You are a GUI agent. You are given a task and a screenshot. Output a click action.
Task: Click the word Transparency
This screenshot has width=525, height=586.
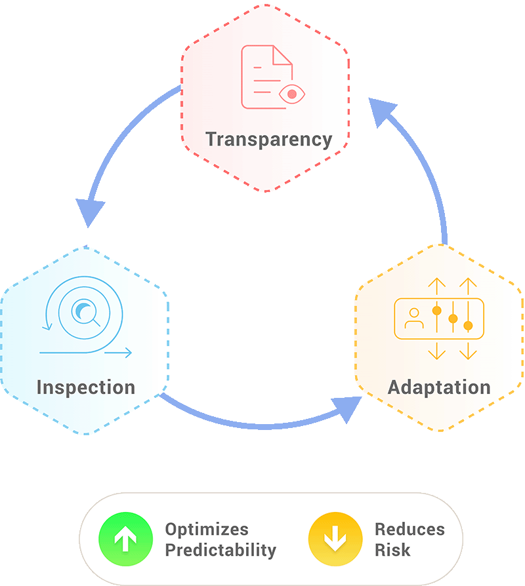[268, 139]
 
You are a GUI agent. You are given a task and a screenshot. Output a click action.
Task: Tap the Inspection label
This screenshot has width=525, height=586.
[85, 386]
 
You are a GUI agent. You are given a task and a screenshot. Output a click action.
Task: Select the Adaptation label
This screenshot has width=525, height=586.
[439, 387]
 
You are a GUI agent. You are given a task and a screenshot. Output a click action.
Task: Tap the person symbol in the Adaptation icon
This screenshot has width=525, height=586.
[413, 319]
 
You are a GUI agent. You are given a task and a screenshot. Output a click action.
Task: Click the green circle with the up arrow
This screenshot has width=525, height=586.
[125, 539]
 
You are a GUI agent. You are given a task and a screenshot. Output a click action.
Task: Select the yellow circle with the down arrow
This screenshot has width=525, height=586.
[335, 539]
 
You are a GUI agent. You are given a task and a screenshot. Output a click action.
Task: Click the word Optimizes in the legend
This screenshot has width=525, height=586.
[207, 529]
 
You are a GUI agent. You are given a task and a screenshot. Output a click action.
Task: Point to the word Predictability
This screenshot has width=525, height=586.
[220, 550]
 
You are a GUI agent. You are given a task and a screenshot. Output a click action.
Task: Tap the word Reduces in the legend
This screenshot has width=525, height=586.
[409, 529]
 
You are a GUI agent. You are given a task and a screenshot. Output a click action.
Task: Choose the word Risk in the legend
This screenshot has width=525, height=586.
[392, 550]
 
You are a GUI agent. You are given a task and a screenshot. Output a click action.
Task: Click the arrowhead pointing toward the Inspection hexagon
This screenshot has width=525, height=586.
[91, 212]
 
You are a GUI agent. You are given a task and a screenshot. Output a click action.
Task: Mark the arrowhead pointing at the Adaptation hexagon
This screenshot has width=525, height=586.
[347, 409]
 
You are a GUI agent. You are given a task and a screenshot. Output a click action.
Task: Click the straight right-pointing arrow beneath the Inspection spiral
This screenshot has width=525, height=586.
[118, 353]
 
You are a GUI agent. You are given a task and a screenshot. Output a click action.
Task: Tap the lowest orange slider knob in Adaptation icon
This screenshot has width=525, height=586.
[468, 325]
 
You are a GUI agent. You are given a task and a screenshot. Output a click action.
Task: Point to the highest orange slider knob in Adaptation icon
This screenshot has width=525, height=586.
[436, 309]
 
